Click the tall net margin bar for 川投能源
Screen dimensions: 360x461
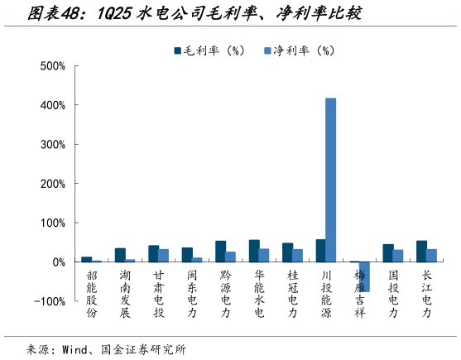tap(331, 180)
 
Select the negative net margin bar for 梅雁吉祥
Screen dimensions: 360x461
tap(364, 276)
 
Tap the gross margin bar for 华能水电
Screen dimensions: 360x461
tap(254, 251)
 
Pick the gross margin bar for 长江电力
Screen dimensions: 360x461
tap(421, 252)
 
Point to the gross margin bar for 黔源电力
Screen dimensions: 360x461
tap(220, 252)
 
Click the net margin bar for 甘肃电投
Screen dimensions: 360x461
tap(164, 255)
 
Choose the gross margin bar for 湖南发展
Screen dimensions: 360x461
tap(120, 255)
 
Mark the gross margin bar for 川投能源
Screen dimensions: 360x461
tap(320, 251)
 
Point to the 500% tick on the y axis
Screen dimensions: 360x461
tap(52, 66)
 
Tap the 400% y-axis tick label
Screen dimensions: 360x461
tap(52, 105)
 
